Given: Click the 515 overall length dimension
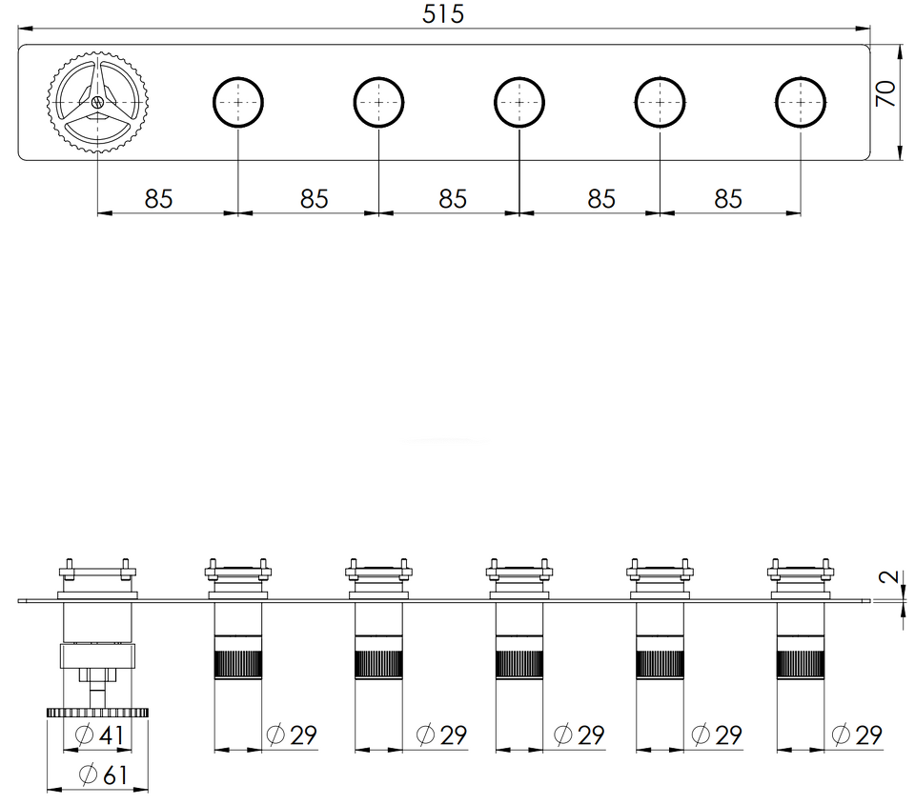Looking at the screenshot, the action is [x=443, y=14].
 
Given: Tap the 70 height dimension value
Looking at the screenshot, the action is [x=885, y=93].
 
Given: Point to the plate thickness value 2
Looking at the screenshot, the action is [x=888, y=577].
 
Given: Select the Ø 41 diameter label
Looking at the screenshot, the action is [x=100, y=735].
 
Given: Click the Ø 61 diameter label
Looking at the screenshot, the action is [x=103, y=775].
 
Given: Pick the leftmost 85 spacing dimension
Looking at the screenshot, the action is [x=159, y=199].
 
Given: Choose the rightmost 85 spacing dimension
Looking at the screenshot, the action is [x=727, y=199].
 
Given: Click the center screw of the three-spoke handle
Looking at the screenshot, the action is [x=97, y=102].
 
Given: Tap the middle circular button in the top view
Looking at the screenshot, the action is [x=519, y=102].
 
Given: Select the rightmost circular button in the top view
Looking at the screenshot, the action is [x=801, y=102].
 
